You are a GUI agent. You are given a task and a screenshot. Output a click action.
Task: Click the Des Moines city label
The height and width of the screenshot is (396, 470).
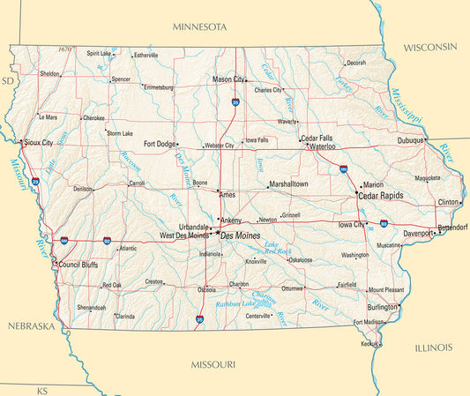tap(240, 236)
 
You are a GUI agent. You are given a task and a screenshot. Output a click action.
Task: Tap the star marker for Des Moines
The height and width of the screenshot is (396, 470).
tap(216, 235)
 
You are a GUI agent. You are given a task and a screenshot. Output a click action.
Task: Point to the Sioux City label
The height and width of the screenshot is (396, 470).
tap(38, 142)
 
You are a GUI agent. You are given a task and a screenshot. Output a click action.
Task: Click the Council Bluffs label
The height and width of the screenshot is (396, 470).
tap(78, 265)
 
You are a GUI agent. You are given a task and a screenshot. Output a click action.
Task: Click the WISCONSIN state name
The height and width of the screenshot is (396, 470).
tap(430, 46)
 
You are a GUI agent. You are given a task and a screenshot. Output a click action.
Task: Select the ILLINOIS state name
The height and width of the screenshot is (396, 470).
tap(433, 347)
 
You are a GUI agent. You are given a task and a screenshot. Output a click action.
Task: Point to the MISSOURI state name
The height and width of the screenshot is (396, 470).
tap(213, 363)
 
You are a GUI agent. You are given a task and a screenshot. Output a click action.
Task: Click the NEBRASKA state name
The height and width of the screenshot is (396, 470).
tap(31, 326)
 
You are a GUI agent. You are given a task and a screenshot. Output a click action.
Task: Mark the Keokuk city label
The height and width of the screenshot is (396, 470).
tap(369, 344)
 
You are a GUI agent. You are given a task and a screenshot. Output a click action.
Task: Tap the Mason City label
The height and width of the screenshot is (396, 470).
tap(228, 79)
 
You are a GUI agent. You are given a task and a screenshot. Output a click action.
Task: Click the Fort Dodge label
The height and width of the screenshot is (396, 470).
tap(160, 144)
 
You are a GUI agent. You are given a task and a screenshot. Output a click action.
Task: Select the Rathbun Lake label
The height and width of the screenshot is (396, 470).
tap(235, 304)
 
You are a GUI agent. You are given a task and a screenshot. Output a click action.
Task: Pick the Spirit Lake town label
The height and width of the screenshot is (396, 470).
tap(99, 53)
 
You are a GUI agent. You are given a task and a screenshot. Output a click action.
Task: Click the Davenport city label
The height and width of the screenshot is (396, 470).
tap(418, 234)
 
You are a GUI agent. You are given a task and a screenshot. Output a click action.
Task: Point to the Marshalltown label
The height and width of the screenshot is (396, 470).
tap(289, 184)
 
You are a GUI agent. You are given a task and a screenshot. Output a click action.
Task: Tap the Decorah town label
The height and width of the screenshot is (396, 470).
tap(355, 63)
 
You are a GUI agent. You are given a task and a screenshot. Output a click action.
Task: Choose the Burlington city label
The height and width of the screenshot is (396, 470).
tap(382, 307)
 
